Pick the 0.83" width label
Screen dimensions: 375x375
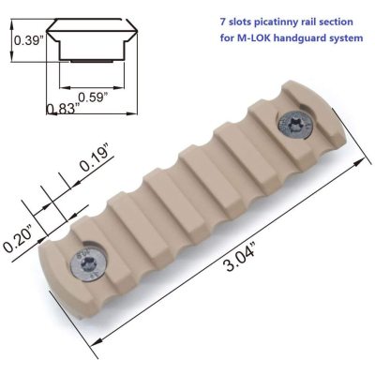pos(62,110)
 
